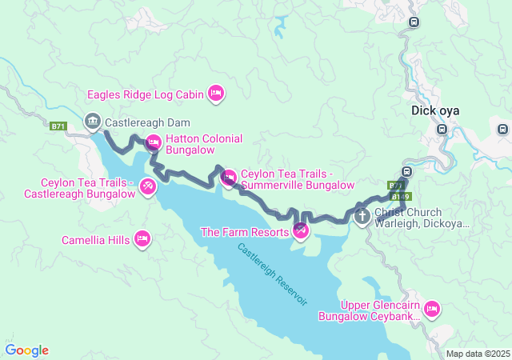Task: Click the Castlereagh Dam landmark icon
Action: click(92, 122)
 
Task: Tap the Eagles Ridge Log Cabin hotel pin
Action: click(215, 94)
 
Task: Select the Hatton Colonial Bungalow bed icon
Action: click(154, 143)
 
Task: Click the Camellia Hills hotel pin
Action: click(142, 238)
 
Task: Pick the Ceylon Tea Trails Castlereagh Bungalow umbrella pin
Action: click(148, 186)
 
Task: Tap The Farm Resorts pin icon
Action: click(301, 231)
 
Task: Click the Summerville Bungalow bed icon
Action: click(229, 177)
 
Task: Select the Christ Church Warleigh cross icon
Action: click(362, 215)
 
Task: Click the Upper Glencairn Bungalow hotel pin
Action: click(432, 308)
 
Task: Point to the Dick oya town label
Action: click(434, 111)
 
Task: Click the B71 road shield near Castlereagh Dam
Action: click(58, 126)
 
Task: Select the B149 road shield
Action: click(401, 195)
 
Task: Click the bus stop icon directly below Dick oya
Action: click(442, 129)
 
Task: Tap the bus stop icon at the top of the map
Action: click(414, 22)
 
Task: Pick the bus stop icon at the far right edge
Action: click(502, 129)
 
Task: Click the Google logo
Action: click(26, 350)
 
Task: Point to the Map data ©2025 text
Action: click(477, 354)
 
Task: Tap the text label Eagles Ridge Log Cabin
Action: click(146, 94)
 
